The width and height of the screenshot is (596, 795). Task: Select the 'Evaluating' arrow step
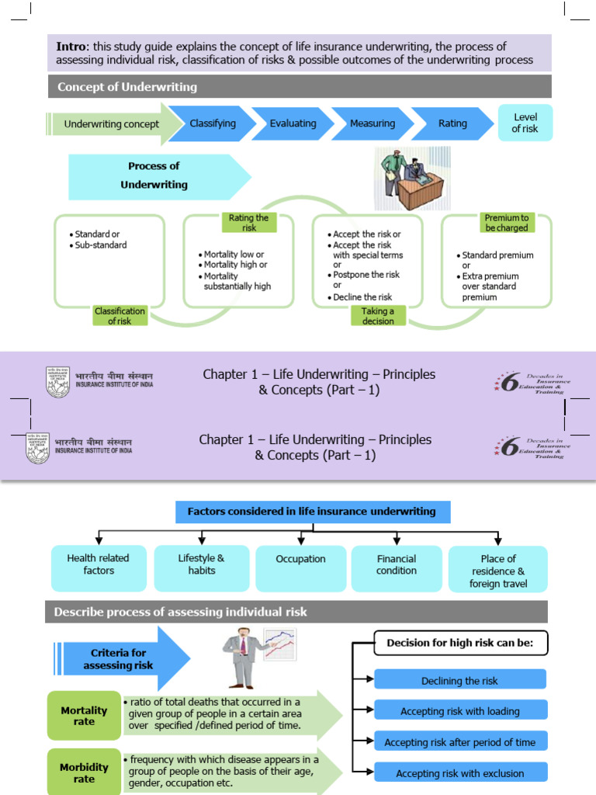pos(293,123)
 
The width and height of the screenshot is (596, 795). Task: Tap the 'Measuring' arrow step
pos(372,123)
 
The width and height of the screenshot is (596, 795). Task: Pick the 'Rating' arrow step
pos(452,123)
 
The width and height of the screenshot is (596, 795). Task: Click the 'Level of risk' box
pos(525,123)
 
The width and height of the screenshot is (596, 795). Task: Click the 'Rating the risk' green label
pos(248,223)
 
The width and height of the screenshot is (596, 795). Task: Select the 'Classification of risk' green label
pos(120,316)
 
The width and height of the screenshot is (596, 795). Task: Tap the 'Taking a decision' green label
pos(378,316)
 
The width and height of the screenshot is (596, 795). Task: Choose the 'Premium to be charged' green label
pos(506,223)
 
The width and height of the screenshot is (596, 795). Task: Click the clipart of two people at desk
pos(409,179)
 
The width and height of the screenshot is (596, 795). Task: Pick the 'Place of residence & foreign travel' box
pos(497,570)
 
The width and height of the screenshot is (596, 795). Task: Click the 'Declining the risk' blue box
pos(459,681)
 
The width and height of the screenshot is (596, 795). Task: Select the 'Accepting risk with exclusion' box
pos(459,773)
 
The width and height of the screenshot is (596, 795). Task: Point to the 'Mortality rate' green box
pos(84,716)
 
